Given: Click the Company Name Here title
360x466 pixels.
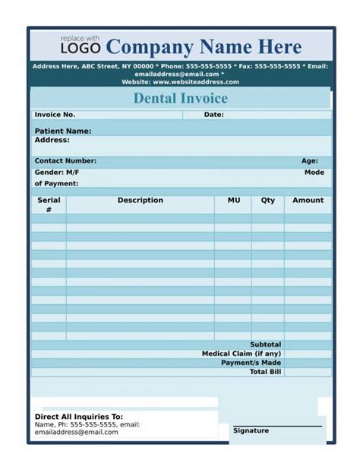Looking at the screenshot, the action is [x=204, y=46].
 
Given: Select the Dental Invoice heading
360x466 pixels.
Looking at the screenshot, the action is [x=180, y=98].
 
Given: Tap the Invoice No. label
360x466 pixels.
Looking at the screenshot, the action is [x=55, y=115].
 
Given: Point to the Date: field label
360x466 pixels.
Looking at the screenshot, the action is [x=213, y=115].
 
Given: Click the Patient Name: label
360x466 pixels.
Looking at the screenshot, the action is [x=63, y=132].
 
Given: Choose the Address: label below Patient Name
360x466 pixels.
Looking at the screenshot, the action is [x=52, y=140].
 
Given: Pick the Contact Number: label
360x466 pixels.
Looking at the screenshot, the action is [x=65, y=161].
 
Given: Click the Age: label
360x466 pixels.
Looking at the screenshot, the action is [x=310, y=161].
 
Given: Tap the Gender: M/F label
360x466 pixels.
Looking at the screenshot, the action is [x=56, y=173].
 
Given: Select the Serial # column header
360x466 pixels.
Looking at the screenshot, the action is [x=49, y=204].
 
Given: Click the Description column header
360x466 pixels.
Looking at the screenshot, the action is [x=140, y=201].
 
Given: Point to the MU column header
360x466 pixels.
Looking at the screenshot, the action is [x=234, y=201].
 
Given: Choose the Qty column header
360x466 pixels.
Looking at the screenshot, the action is [x=268, y=201].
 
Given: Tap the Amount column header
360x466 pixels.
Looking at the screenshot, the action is [x=308, y=201].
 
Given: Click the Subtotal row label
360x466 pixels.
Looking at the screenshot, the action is [x=265, y=344].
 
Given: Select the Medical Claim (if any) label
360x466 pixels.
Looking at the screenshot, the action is [x=241, y=353].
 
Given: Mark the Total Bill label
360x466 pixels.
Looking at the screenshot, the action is [x=265, y=372].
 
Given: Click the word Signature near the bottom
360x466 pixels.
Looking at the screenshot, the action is [x=251, y=431].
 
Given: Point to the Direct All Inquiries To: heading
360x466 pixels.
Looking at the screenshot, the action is [x=79, y=417].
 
